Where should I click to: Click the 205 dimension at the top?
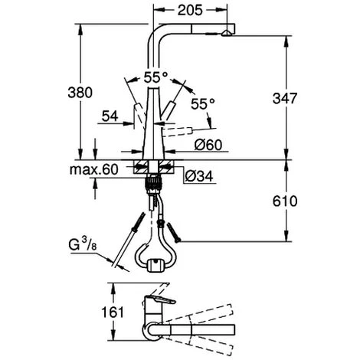190,10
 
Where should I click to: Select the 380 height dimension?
80,93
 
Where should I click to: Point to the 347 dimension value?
285,98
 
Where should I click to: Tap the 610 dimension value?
285,201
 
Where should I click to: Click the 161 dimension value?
113,312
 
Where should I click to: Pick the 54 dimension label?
110,116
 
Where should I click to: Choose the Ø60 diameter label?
208,145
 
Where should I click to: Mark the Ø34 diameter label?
199,176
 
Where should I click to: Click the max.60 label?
94,169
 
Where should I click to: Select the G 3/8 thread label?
83,244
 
